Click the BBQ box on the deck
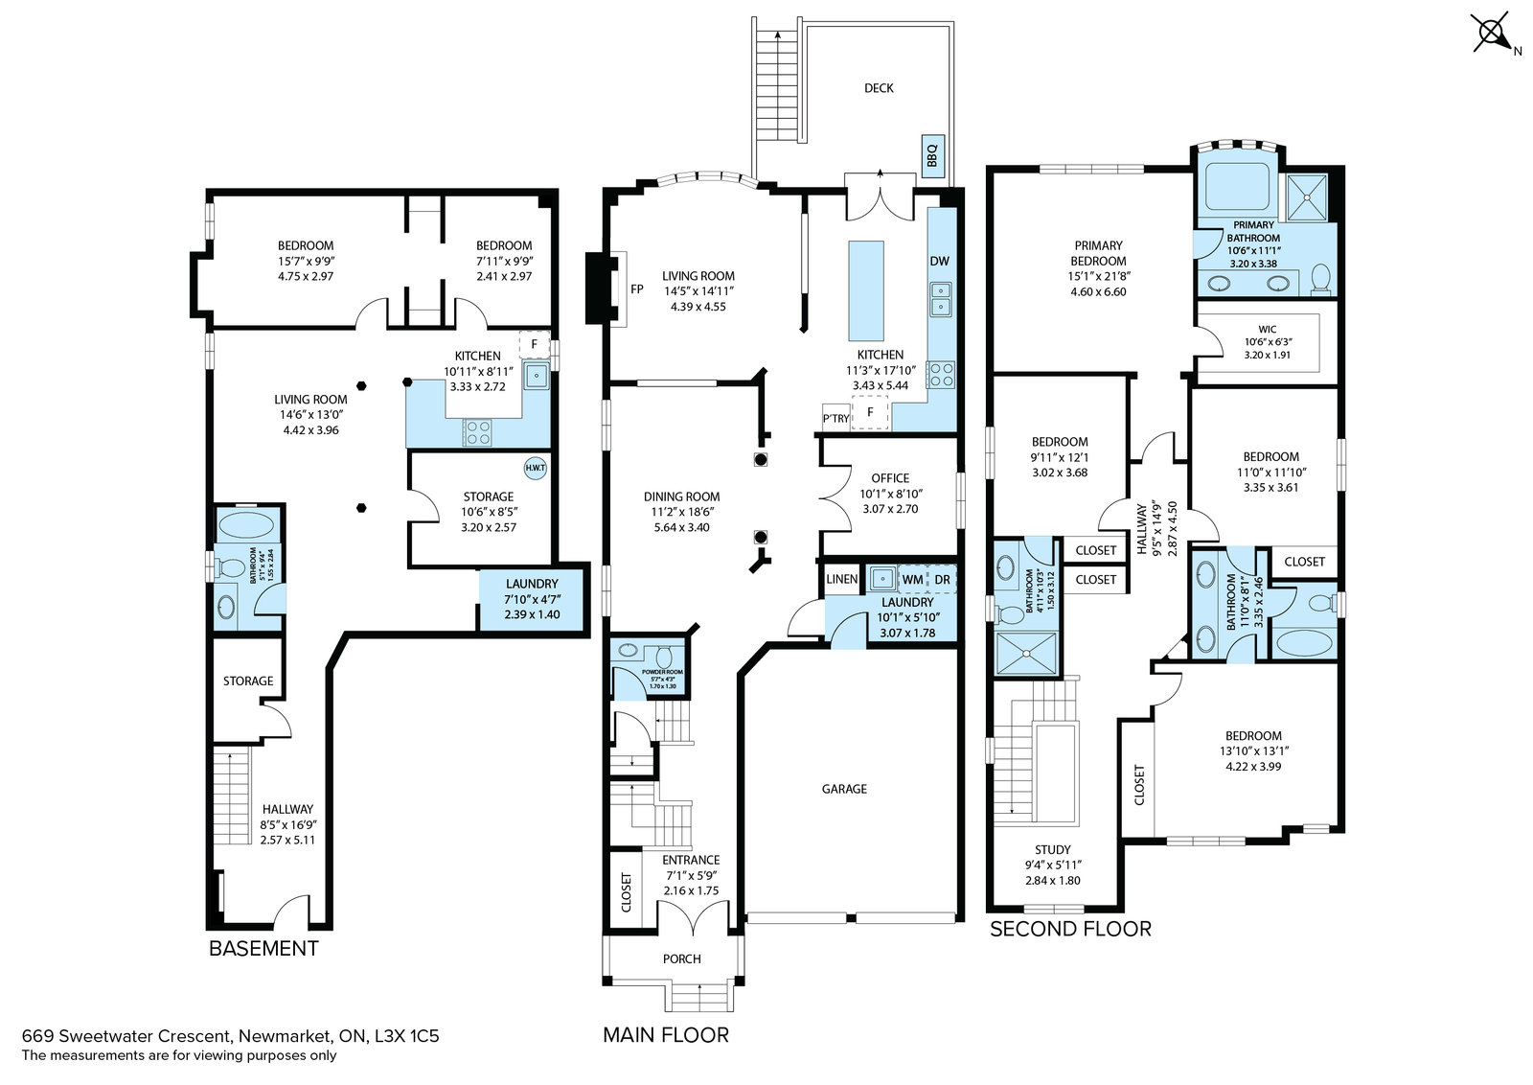tap(932, 153)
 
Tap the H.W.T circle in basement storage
tap(535, 468)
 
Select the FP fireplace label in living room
tap(636, 289)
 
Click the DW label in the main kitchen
tap(939, 261)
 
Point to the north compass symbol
tap(1492, 35)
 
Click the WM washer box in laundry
tap(913, 579)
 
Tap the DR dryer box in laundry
tap(943, 579)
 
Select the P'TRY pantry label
tap(835, 418)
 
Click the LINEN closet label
tap(842, 579)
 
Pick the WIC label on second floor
tap(1268, 329)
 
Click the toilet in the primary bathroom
tap(1321, 278)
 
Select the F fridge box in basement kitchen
tap(535, 344)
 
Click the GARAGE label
tap(844, 789)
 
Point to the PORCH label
tap(681, 958)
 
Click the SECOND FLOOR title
tap(1070, 929)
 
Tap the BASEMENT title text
tap(263, 948)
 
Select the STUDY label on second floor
tap(1053, 849)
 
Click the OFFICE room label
tap(890, 478)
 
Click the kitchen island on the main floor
tap(866, 290)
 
